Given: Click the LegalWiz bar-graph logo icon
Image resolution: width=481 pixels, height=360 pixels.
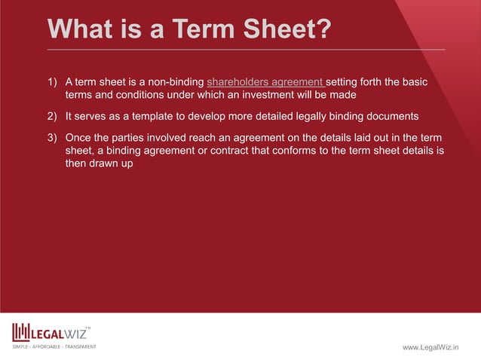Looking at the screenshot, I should (x=20, y=332).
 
